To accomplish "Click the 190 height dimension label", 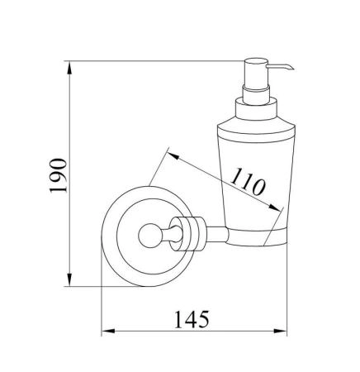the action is [59, 175].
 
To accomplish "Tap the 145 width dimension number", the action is [192, 319].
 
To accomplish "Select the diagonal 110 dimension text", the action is [248, 182].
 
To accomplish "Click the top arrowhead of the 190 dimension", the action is [69, 68].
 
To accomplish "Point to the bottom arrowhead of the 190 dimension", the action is [69, 279].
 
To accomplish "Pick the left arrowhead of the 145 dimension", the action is [108, 331].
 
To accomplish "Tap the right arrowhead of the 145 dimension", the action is [280, 331].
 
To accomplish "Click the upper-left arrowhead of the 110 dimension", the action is [173, 156].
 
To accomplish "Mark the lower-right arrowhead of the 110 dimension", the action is [275, 207].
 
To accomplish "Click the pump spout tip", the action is [292, 68].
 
